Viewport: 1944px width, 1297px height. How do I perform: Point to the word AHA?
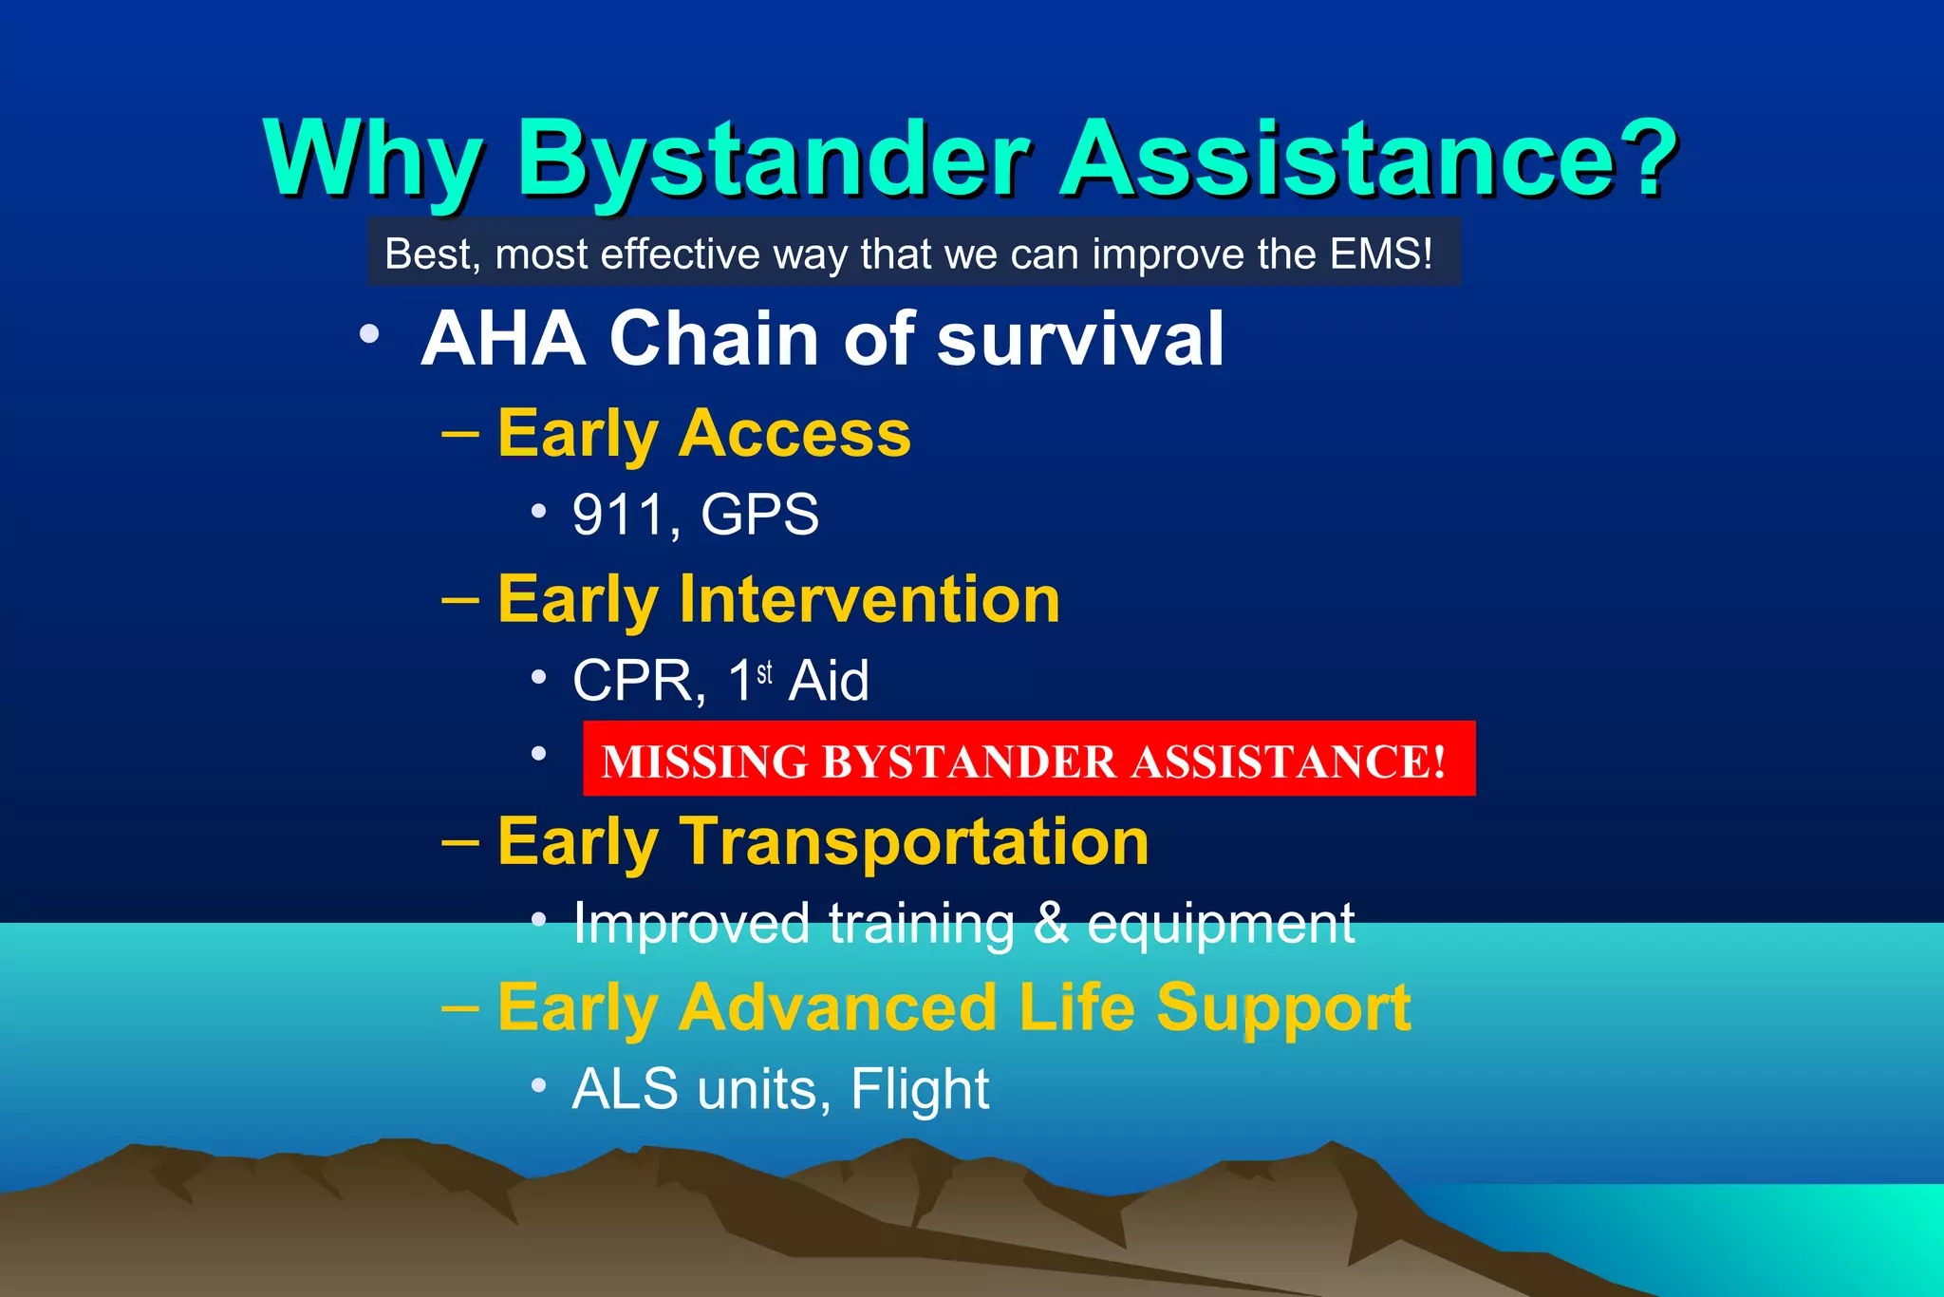[503, 339]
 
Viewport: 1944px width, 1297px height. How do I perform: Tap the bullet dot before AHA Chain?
[369, 334]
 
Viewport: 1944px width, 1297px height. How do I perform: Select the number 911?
[619, 516]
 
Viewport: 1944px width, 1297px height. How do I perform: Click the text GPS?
[759, 516]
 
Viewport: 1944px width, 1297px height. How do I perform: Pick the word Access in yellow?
[794, 435]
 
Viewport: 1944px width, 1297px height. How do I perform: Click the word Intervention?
[869, 600]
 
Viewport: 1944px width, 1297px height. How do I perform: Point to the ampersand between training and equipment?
[1051, 924]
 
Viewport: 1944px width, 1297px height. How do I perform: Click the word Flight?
[919, 1090]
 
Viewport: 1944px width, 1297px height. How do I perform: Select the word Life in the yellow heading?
[1076, 1007]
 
